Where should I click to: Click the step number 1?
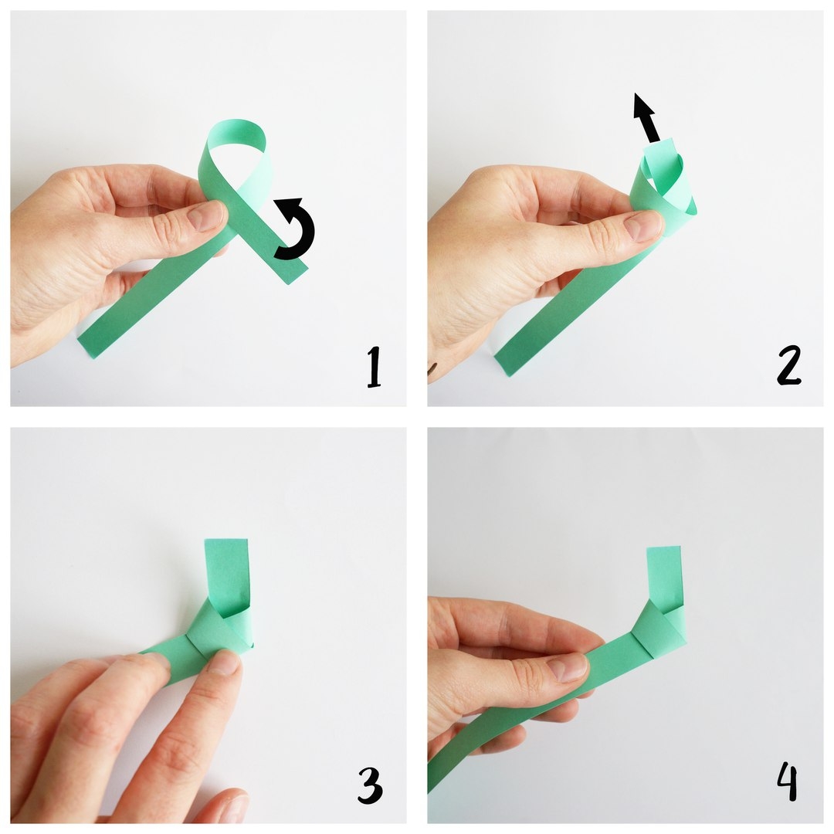pyautogui.click(x=375, y=367)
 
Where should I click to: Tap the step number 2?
pyautogui.click(x=788, y=366)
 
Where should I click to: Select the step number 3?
pyautogui.click(x=370, y=785)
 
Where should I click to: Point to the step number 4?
pyautogui.click(x=788, y=781)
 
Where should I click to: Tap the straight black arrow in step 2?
pyautogui.click(x=647, y=117)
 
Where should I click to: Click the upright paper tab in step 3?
pyautogui.click(x=226, y=575)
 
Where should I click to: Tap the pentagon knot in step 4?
pyautogui.click(x=659, y=628)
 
